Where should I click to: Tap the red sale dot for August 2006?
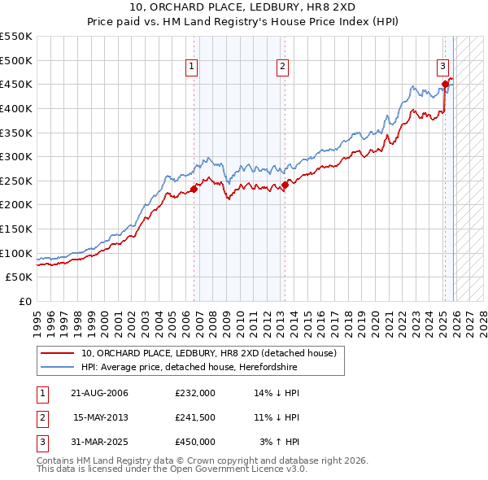pos(194,190)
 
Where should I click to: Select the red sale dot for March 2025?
pos(445,84)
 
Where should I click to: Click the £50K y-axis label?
pos(20,277)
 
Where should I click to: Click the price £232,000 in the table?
pos(195,393)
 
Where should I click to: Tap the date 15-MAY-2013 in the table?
pos(101,417)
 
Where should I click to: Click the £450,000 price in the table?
pos(195,442)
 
